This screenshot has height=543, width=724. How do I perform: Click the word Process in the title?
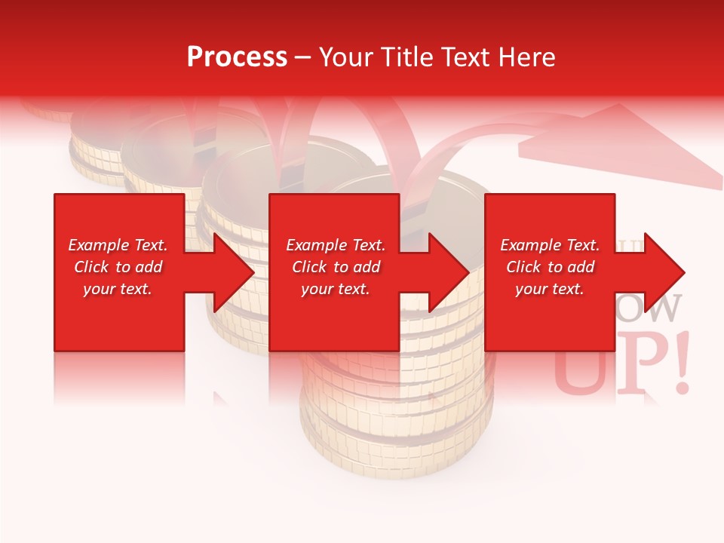[237, 57]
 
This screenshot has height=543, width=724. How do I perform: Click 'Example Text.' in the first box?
[118, 245]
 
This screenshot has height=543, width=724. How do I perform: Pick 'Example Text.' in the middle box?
[336, 245]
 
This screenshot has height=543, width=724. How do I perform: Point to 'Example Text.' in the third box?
[550, 245]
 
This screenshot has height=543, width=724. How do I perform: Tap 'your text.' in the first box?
[118, 289]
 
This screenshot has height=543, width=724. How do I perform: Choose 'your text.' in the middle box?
[336, 289]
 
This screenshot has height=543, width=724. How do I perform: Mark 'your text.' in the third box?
[550, 289]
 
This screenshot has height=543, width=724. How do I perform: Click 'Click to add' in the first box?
[118, 267]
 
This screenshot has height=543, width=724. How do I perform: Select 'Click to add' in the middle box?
[336, 267]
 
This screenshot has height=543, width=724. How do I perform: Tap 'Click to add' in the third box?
[550, 267]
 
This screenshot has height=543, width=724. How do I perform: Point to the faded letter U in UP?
[582, 370]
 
